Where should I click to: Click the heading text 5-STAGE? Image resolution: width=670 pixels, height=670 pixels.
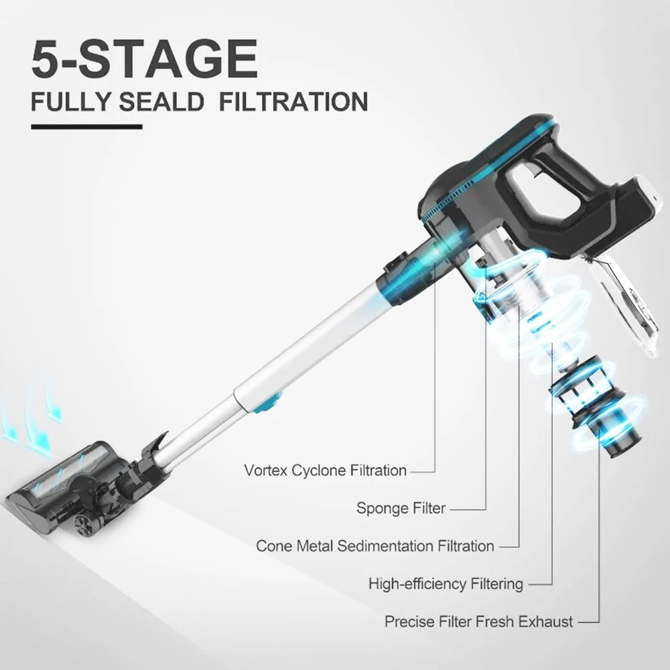coord(145,59)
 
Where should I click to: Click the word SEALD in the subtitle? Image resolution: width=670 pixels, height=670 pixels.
coord(161,102)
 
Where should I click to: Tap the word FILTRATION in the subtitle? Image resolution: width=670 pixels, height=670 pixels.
coord(293,102)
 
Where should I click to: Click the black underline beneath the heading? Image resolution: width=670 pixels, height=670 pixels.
coord(86,127)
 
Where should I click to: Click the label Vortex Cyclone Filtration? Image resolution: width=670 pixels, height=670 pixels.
coord(325,470)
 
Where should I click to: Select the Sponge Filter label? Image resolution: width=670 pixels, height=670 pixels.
coord(401,508)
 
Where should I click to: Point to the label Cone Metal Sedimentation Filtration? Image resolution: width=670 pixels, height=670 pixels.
coord(375,545)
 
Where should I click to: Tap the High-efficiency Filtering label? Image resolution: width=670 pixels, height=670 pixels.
coord(446,584)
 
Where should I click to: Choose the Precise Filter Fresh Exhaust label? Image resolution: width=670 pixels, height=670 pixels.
coord(478,621)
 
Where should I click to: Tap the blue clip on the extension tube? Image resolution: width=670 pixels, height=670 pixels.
coord(269,403)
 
